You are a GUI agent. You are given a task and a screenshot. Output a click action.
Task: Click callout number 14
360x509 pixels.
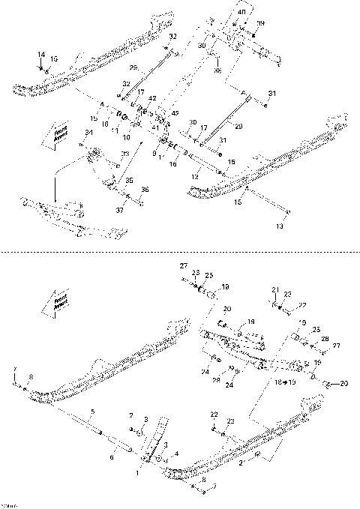(41, 55)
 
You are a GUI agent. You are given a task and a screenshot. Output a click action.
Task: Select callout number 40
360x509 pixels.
(241, 13)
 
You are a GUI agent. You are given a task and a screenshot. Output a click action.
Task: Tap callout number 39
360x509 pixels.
(261, 24)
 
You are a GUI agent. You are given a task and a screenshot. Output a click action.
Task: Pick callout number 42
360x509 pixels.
(153, 99)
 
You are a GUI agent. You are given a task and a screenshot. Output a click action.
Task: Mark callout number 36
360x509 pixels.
(145, 190)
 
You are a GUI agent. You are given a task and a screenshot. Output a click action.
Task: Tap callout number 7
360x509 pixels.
(14, 370)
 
